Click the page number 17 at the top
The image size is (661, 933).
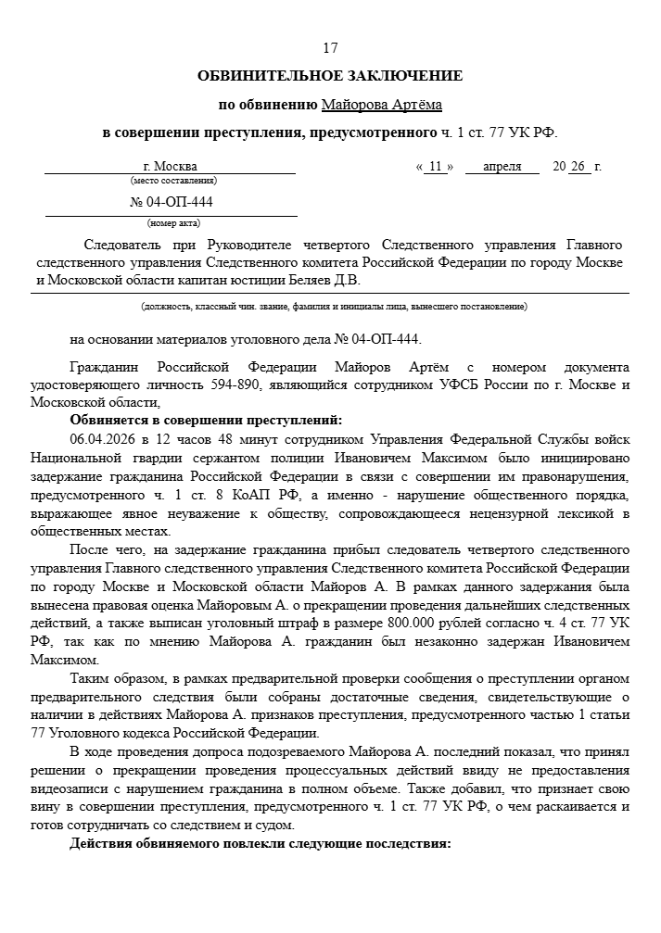click(x=330, y=47)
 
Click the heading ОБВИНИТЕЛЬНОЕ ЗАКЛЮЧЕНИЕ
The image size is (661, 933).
click(x=330, y=75)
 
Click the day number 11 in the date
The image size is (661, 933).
click(x=435, y=167)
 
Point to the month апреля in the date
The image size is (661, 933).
click(x=502, y=167)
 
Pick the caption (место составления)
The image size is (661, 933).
click(x=172, y=181)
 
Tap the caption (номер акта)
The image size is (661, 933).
click(x=172, y=223)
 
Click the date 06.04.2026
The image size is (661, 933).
click(x=102, y=437)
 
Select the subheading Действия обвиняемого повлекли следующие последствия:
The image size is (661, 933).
click(x=260, y=844)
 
